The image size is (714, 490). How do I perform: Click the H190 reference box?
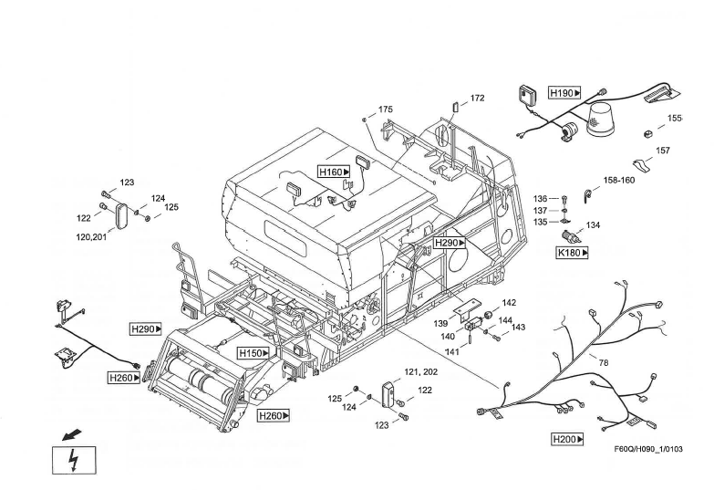point(564,93)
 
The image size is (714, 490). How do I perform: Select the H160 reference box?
point(334,172)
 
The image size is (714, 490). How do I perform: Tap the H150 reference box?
point(254,353)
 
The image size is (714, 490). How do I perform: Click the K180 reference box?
point(572,253)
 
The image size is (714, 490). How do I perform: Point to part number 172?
point(478,99)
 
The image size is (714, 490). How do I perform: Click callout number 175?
point(386,109)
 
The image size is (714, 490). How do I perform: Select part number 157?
point(663,151)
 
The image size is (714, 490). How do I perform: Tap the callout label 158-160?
point(619,180)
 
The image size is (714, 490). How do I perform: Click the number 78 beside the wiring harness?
point(603,363)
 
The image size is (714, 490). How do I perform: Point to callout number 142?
point(509,303)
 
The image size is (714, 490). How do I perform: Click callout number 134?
point(593,224)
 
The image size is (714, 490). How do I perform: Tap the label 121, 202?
point(421,372)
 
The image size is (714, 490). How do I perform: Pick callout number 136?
point(541,198)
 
